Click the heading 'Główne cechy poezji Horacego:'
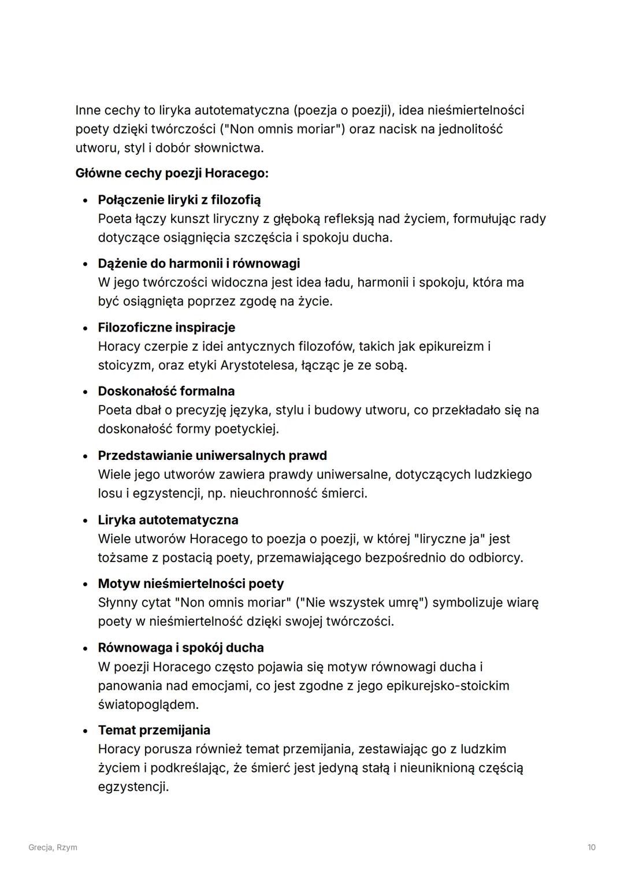172,173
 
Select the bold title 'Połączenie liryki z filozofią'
179,200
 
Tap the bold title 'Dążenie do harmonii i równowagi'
199,263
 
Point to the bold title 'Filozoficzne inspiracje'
166,328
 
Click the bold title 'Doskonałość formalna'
166,391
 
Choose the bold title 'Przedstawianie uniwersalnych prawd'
212,455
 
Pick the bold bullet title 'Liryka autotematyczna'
168,520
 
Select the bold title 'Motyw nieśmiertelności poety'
191,583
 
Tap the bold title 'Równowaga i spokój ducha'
181,648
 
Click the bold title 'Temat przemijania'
154,730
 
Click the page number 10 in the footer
591,847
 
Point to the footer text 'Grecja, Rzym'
53,847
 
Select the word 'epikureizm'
451,347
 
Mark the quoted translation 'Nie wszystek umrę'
362,603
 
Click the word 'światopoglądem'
148,705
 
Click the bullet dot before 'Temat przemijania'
86,731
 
